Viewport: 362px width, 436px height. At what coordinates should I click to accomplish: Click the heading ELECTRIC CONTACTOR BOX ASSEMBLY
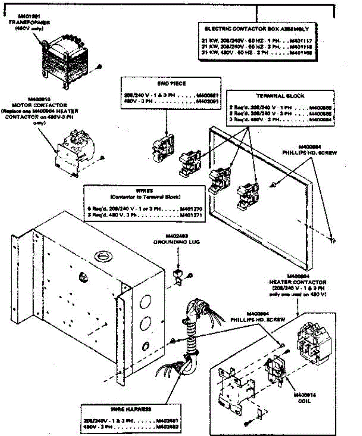point(257,29)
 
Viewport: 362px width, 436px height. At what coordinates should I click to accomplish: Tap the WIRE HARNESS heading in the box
point(131,409)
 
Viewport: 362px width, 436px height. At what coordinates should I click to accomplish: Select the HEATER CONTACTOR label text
point(298,282)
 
